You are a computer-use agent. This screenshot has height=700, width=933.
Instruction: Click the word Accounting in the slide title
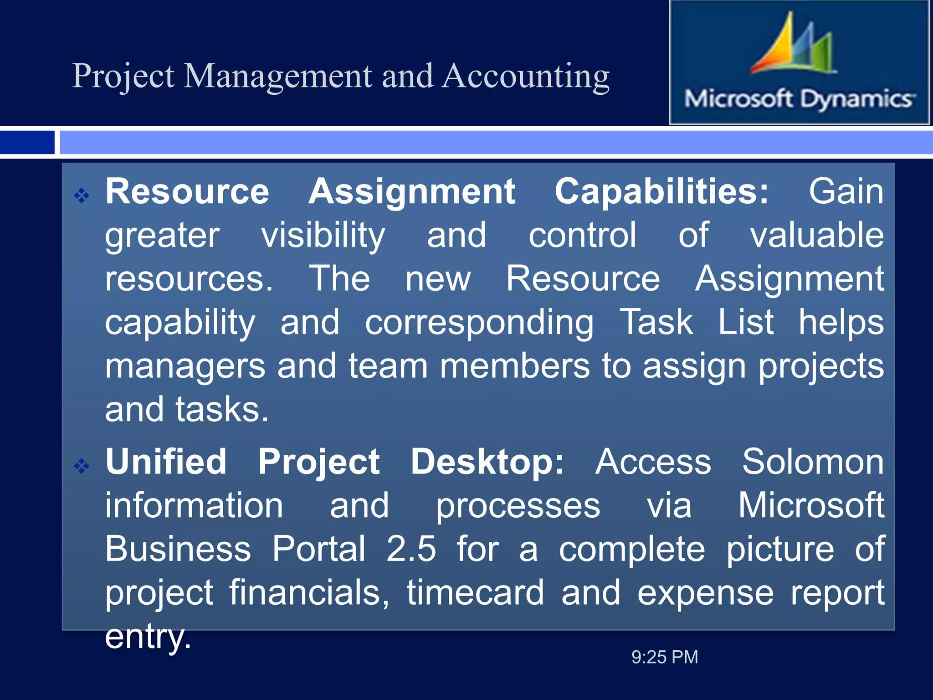coord(526,77)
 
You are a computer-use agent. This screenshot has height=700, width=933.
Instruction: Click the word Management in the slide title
coord(278,77)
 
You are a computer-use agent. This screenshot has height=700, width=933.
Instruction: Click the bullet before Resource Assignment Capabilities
coord(82,196)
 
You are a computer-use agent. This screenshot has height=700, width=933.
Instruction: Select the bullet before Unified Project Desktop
coord(82,466)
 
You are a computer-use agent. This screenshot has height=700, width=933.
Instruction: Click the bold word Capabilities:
coord(661,191)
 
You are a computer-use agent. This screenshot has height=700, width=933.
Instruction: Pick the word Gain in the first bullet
coord(846,191)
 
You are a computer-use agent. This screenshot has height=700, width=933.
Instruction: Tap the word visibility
coord(323,236)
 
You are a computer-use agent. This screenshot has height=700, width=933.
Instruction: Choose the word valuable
coord(817,235)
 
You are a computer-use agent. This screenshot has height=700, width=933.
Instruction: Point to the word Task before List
coord(656,322)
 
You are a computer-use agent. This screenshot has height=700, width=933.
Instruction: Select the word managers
coord(185,366)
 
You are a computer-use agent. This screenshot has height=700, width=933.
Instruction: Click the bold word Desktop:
coord(487,462)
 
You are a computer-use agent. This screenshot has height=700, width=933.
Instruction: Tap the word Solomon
coord(813,462)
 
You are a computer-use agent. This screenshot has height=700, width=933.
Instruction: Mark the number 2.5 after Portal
coord(411,549)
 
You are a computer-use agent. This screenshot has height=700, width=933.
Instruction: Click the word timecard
coord(475,592)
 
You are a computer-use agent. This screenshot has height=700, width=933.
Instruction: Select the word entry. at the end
coord(148,637)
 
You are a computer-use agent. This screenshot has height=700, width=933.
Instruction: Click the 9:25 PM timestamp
coord(665,657)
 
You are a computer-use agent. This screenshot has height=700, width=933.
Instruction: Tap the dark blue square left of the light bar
coord(27,142)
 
